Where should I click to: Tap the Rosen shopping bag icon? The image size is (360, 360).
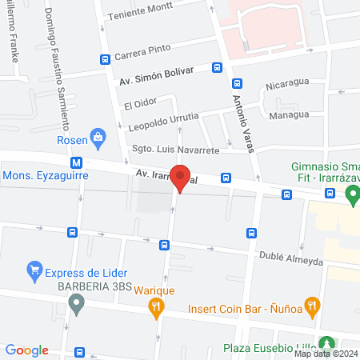coord(98,138)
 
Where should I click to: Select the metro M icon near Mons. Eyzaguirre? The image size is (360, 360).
coord(77,161)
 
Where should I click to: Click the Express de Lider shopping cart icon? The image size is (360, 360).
coord(34,269)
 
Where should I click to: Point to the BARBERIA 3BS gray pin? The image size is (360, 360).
coord(76,303)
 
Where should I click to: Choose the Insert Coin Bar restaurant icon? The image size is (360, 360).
coord(312,305)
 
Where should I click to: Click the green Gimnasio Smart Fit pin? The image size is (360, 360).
coord(350,194)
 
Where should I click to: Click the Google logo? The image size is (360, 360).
coord(27,350)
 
